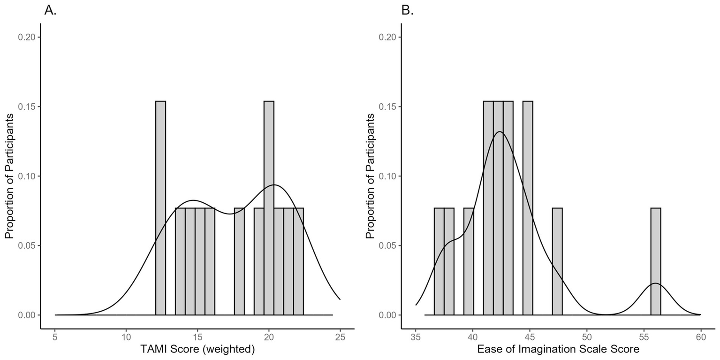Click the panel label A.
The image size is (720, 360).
point(50,10)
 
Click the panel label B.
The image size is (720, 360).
point(407,10)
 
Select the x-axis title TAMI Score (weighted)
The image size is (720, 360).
point(197,350)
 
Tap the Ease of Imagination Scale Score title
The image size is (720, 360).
point(558,350)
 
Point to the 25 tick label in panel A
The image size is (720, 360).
point(340,337)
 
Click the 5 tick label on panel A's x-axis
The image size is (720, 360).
point(55,337)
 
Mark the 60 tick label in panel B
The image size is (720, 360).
point(700,337)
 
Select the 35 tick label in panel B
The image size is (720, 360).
point(416,337)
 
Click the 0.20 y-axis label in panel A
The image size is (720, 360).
point(26,38)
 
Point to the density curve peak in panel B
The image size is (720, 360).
point(500,132)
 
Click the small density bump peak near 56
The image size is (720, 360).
point(655,283)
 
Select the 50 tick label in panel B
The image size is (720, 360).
point(586,337)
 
